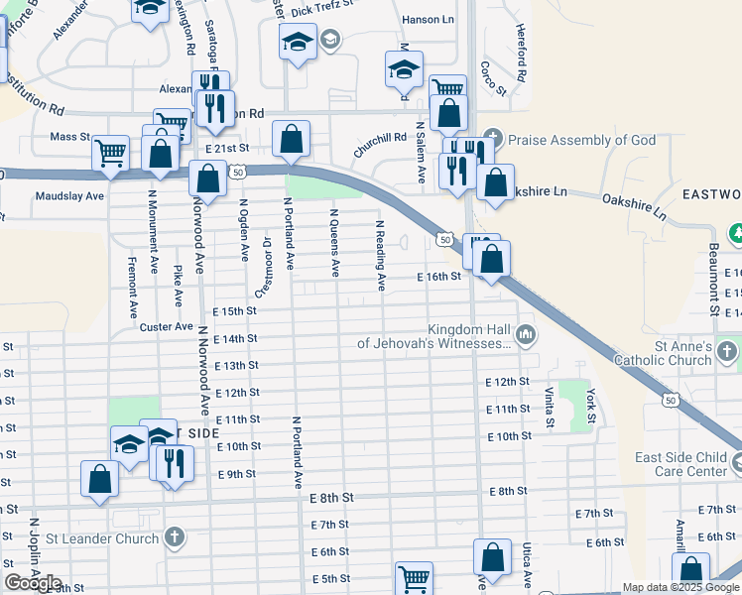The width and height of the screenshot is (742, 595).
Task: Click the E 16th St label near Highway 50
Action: (438, 277)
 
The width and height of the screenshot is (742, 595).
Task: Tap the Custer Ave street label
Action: (166, 326)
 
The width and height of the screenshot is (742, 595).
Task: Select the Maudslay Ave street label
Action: (69, 196)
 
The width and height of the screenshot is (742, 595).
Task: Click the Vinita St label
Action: (549, 408)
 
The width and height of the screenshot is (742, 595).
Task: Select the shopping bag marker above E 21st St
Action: (292, 139)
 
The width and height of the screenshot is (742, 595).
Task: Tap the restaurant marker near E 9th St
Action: (173, 462)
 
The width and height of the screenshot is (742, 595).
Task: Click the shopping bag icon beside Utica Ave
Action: (492, 557)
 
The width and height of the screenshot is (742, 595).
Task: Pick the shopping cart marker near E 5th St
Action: (414, 578)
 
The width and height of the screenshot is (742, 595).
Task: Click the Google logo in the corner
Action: (33, 583)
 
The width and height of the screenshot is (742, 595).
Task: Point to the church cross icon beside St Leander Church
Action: (175, 538)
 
